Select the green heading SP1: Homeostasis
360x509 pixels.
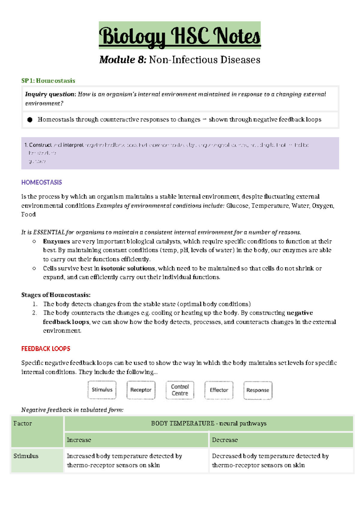click(x=48, y=81)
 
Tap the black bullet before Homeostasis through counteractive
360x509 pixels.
click(x=30, y=120)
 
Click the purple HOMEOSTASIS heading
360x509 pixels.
click(x=41, y=182)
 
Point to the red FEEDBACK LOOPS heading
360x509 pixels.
click(x=46, y=349)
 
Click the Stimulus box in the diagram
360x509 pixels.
click(x=102, y=390)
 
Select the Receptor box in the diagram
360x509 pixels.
click(x=141, y=390)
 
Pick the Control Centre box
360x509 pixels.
click(x=180, y=390)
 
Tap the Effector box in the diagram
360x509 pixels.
click(x=219, y=390)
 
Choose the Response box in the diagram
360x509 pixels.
click(x=258, y=390)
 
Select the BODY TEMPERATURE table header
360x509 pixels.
click(x=208, y=423)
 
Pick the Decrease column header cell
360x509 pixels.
click(x=281, y=440)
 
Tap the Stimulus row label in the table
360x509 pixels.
click(x=26, y=456)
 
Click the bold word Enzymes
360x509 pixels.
click(x=56, y=242)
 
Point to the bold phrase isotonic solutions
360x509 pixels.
click(x=128, y=268)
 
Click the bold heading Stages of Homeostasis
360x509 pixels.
click(x=56, y=295)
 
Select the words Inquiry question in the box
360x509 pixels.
click(x=50, y=95)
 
